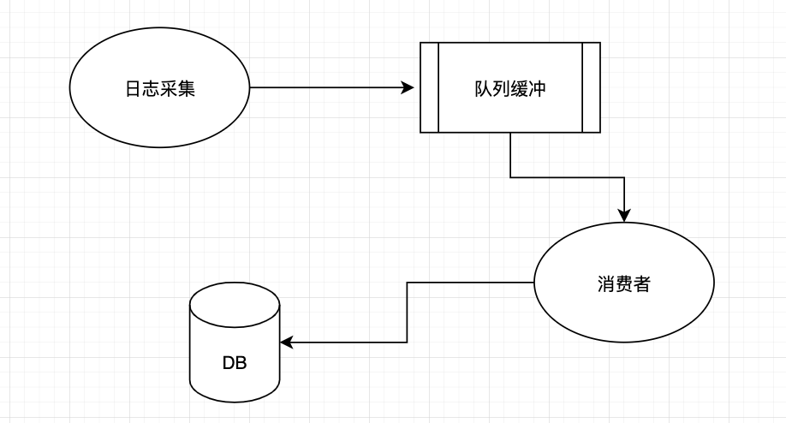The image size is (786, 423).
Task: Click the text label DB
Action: pyautogui.click(x=235, y=363)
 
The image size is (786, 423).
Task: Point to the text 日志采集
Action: pyautogui.click(x=159, y=88)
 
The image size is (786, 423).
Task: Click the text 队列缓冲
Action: pyautogui.click(x=509, y=88)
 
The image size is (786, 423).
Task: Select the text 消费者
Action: pyautogui.click(x=623, y=284)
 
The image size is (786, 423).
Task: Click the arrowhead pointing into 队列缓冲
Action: pyautogui.click(x=408, y=88)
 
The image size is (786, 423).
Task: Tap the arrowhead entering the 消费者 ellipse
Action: pyautogui.click(x=625, y=216)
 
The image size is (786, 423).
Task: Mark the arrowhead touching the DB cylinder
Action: pyautogui.click(x=287, y=343)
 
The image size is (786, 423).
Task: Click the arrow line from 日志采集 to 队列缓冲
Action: pyautogui.click(x=325, y=88)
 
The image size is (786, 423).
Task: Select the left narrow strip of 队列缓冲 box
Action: pyautogui.click(x=429, y=88)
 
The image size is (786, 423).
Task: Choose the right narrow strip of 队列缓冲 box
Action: pyautogui.click(x=591, y=88)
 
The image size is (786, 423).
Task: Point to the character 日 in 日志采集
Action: pyautogui.click(x=132, y=88)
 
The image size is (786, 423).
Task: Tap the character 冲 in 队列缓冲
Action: pyautogui.click(x=537, y=88)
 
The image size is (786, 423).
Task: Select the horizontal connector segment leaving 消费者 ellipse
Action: pyautogui.click(x=471, y=283)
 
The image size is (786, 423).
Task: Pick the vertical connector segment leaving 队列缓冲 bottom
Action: pyautogui.click(x=510, y=155)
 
